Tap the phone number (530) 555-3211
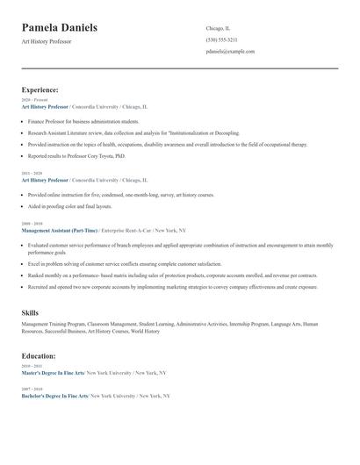tap(221, 39)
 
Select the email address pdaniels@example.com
tap(230, 52)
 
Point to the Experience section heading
tap(40, 89)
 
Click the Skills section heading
tap(30, 312)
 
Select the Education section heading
tap(39, 356)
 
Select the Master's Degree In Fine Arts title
tap(53, 373)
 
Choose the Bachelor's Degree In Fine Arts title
tap(54, 396)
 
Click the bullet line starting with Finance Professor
tap(83, 122)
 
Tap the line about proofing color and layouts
tap(70, 206)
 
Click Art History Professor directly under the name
tap(47, 42)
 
